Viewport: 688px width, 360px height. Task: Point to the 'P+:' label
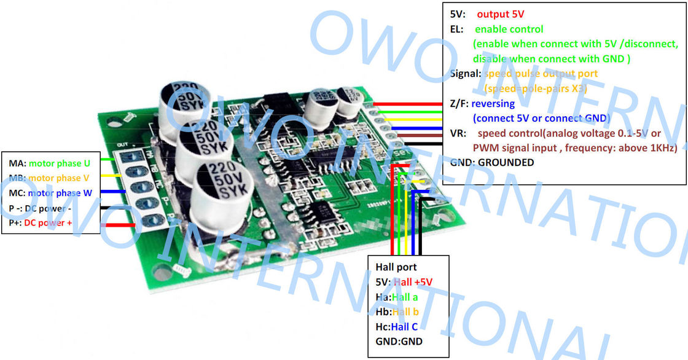pyautogui.click(x=15, y=223)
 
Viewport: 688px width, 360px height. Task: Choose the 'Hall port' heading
pyautogui.click(x=396, y=267)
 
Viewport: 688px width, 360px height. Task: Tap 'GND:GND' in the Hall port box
pyautogui.click(x=399, y=341)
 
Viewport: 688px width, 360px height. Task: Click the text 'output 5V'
pyautogui.click(x=501, y=14)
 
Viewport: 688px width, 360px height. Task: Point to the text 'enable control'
pyautogui.click(x=509, y=29)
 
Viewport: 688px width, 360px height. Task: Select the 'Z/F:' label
pyautogui.click(x=459, y=104)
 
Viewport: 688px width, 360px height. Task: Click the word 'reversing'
pyautogui.click(x=493, y=104)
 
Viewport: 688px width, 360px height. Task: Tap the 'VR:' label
pyautogui.click(x=458, y=133)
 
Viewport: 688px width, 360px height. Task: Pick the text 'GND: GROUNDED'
pyautogui.click(x=491, y=163)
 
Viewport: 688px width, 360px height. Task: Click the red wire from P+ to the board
pyautogui.click(x=118, y=225)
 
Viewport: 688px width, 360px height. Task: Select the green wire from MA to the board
pyautogui.click(x=104, y=160)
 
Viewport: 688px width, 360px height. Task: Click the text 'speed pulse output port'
pyautogui.click(x=541, y=74)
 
